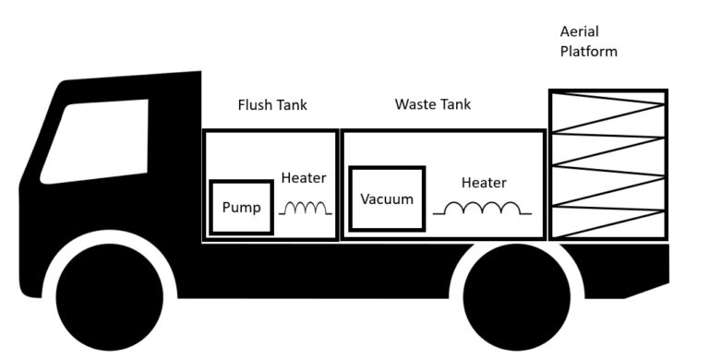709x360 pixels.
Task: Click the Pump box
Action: click(x=243, y=208)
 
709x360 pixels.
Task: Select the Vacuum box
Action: click(x=387, y=199)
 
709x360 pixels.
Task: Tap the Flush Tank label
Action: click(x=272, y=105)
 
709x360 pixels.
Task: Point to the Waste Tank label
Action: click(x=432, y=104)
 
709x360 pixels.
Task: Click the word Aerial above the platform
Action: click(x=579, y=31)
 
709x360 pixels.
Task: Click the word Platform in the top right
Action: click(x=588, y=52)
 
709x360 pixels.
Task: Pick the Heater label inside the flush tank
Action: click(x=304, y=178)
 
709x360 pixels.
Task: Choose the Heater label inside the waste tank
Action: click(x=484, y=183)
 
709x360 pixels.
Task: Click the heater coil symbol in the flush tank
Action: click(x=306, y=209)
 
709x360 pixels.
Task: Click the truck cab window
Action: click(x=97, y=138)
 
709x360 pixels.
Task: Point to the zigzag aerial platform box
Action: click(x=607, y=164)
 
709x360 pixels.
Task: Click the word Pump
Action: click(x=243, y=208)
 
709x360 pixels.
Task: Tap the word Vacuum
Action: click(x=387, y=199)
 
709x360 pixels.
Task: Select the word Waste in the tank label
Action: click(x=414, y=104)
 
